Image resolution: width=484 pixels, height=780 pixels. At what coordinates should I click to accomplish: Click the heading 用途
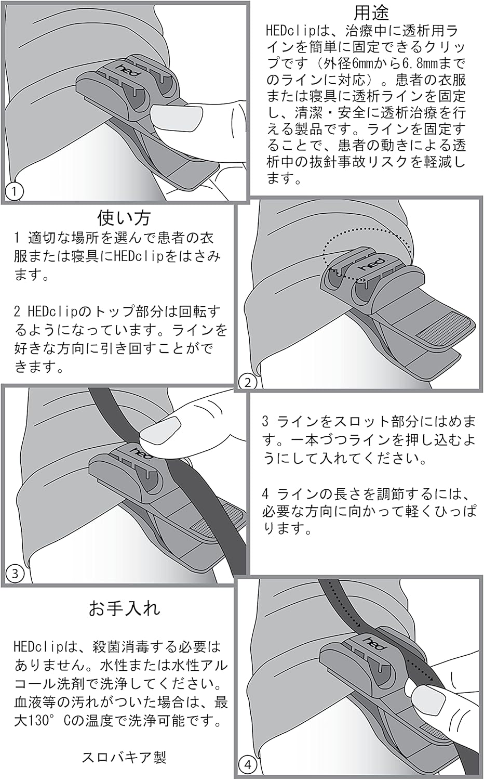pyautogui.click(x=371, y=11)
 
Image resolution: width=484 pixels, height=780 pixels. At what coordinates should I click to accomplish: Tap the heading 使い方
pyautogui.click(x=124, y=216)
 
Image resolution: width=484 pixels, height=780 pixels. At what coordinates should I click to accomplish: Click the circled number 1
pyautogui.click(x=14, y=191)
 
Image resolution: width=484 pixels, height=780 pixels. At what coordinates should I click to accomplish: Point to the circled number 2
pyautogui.click(x=248, y=383)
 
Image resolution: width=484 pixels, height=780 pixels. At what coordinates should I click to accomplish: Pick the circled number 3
pyautogui.click(x=15, y=574)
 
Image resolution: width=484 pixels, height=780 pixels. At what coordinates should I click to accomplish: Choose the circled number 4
pyautogui.click(x=248, y=765)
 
